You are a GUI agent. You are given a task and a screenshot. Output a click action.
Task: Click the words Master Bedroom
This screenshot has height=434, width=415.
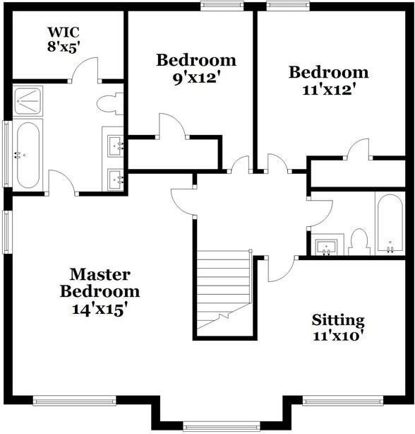point(100,283)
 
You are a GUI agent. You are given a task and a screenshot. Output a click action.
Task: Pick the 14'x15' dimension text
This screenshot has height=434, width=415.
point(100,308)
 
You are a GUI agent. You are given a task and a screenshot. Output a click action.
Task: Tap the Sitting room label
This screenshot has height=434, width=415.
point(338,320)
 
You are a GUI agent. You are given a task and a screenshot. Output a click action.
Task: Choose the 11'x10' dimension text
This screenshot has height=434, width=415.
point(338,336)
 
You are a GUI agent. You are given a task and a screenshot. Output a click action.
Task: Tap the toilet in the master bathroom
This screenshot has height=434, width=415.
point(109,105)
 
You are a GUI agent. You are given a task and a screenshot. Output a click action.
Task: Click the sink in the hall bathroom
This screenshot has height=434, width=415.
point(325,247)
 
